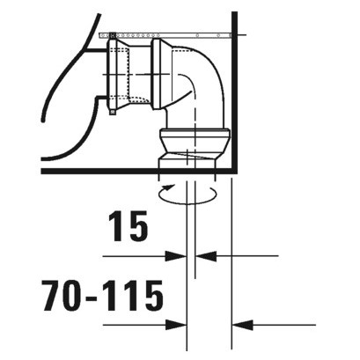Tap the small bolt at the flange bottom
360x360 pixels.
coord(113,110)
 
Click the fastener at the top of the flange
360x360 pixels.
coord(113,33)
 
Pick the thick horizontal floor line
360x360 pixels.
coord(132,170)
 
